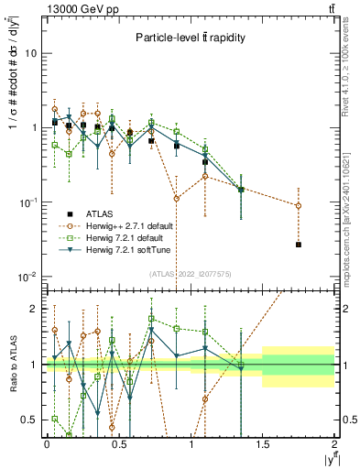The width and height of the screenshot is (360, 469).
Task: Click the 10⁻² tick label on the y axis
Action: point(27,276)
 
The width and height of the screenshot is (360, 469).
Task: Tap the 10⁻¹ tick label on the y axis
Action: point(27,202)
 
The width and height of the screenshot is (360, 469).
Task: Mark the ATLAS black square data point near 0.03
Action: point(299,245)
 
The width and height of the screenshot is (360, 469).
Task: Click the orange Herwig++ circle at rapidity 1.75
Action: point(299,205)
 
